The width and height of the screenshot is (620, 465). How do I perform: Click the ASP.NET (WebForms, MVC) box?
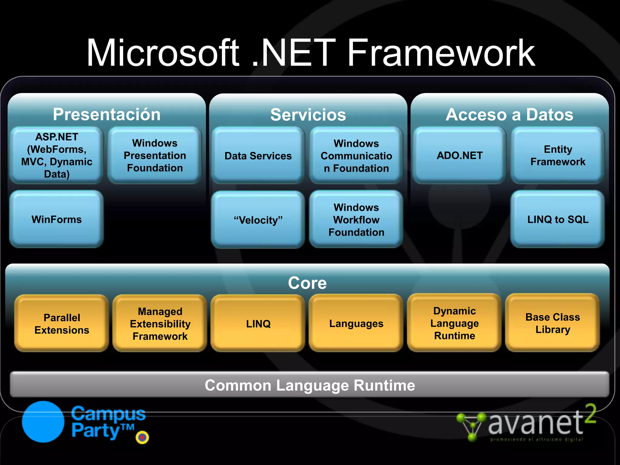click(57, 155)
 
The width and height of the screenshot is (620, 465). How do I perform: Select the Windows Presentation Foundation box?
click(155, 155)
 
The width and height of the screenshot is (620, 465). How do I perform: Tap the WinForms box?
click(57, 219)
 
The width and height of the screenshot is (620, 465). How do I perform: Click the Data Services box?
click(258, 156)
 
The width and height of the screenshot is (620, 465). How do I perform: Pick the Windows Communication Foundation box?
click(356, 156)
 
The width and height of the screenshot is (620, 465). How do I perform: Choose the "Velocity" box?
click(258, 220)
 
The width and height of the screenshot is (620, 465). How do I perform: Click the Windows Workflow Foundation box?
click(356, 220)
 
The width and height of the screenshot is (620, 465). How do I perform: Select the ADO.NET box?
click(459, 155)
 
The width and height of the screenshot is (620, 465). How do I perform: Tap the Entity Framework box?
click(558, 155)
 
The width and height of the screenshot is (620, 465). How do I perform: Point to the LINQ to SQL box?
click(558, 219)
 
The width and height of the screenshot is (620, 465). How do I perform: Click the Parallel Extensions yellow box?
click(62, 323)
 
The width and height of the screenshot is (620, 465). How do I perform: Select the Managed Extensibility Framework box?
click(160, 323)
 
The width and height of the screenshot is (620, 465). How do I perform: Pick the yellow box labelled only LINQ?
click(258, 323)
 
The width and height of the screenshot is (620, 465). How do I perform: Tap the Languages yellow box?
click(356, 323)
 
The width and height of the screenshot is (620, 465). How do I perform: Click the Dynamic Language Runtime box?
click(454, 323)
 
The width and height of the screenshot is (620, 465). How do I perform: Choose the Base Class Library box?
click(552, 323)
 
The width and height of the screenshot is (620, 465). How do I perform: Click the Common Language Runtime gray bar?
click(309, 385)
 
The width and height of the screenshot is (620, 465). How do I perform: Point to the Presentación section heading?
click(107, 114)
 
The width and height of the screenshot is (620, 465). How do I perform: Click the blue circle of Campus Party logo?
click(43, 422)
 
